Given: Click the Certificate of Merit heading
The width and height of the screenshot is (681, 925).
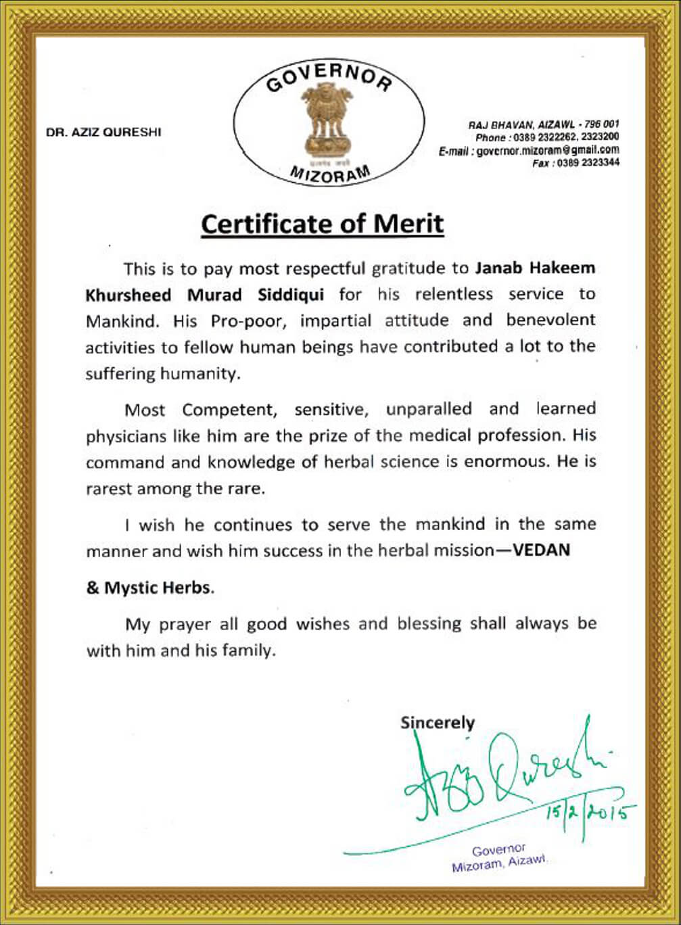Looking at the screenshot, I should [322, 224].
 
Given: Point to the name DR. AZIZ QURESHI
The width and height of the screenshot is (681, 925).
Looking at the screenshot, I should [103, 133].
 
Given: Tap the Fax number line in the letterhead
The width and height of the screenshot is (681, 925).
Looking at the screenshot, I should [576, 163].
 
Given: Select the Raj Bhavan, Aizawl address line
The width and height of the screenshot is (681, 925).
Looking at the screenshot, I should [544, 124].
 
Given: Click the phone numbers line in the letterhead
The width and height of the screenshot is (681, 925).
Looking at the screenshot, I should [547, 137].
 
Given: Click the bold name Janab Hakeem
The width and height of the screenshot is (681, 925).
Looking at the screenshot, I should [535, 268].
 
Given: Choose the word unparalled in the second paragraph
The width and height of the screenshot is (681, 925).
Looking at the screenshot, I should [429, 409].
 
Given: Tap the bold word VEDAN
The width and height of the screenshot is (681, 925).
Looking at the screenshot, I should [542, 550].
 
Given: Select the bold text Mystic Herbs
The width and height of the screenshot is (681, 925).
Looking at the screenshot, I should [158, 588].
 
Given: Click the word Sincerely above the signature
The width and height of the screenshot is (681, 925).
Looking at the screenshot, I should [438, 722].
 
